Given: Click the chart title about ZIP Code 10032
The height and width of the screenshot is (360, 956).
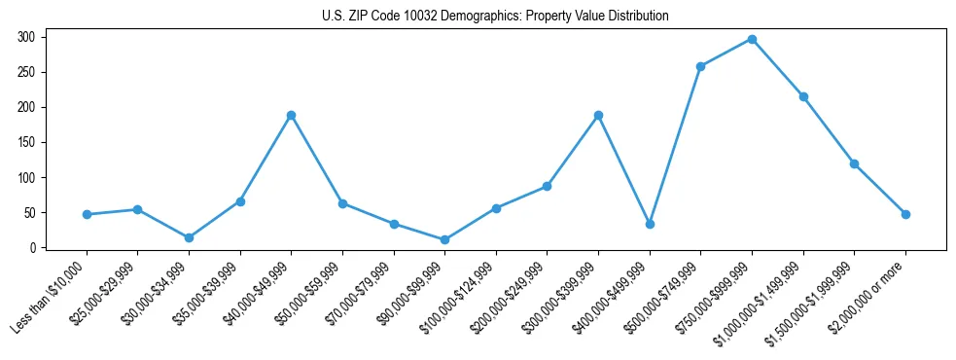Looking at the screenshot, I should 495,17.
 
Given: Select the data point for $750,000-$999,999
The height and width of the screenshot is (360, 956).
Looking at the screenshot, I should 752,39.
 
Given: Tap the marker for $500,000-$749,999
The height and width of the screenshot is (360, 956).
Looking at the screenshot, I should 700,66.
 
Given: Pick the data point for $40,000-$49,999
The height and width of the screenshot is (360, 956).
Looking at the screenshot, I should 291,115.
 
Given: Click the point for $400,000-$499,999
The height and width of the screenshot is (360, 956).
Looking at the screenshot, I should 650,224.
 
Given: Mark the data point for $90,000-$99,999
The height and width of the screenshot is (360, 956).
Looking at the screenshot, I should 444,239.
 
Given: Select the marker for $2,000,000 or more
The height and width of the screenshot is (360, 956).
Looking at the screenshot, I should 905,214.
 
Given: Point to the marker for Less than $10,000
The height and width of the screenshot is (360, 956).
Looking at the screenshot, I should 87,214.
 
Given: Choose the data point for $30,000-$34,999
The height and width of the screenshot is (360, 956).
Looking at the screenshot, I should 189,237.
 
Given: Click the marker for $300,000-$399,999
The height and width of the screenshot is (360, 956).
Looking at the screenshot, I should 598,115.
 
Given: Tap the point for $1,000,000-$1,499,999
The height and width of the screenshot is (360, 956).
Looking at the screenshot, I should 803,96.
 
